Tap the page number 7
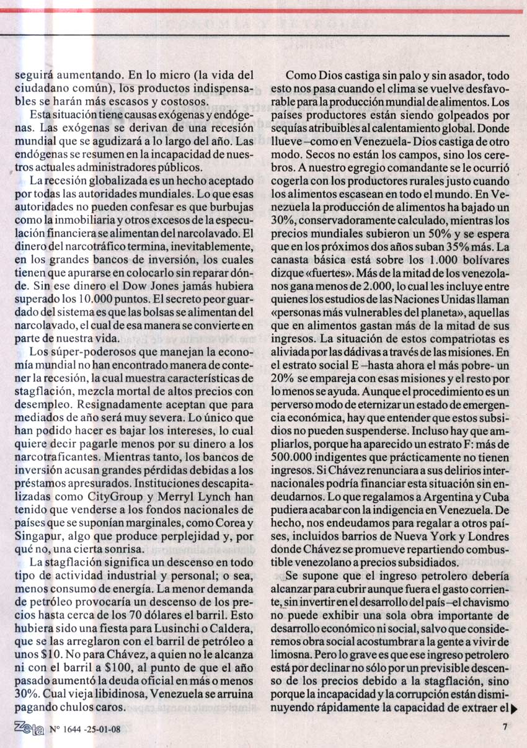coord(505,729)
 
